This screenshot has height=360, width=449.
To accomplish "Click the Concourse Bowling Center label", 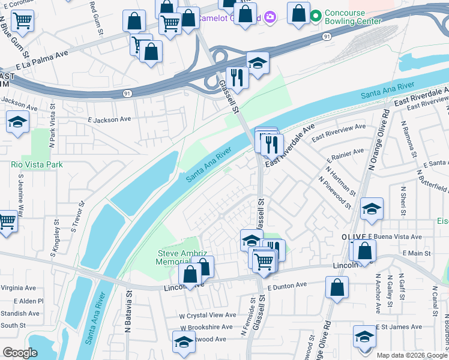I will point(352,17).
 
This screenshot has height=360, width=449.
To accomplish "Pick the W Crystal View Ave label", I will point(207,315).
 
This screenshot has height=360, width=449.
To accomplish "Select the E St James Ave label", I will point(400,327).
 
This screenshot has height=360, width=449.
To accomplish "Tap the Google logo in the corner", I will point(20,353).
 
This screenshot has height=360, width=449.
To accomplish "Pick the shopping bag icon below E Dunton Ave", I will point(337,287).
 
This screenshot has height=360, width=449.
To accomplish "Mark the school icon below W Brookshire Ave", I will point(184,343).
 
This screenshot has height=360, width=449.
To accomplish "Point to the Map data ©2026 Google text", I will point(411,355).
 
